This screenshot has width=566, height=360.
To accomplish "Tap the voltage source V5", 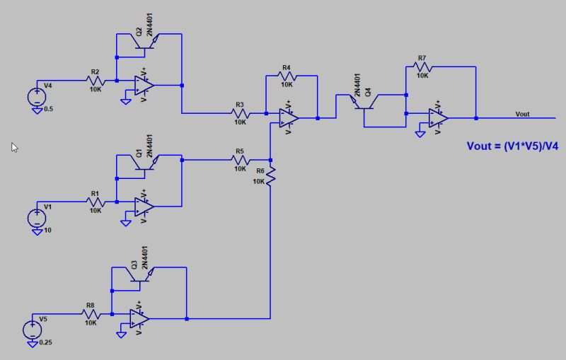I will (33, 330).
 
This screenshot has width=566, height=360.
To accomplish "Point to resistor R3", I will (241, 113).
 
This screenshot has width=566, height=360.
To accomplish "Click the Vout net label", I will (522, 114).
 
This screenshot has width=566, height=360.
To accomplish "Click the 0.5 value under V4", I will (48, 109).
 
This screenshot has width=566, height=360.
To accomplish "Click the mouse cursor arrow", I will (14, 147).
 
